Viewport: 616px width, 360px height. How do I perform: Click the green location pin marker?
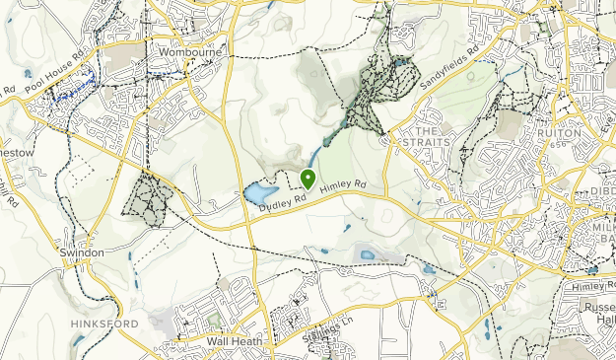pos(308,179)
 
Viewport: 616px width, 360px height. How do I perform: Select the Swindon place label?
pos(82,252)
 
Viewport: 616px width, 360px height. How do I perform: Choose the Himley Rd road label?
pos(344,185)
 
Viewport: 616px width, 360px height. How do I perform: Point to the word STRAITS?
pos(426,142)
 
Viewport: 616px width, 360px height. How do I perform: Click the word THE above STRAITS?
pos(425,130)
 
